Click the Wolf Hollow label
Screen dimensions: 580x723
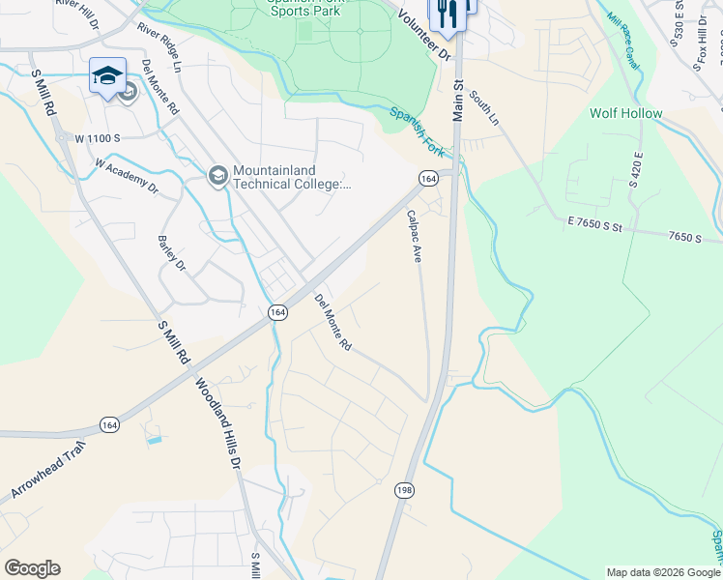[x=626, y=114]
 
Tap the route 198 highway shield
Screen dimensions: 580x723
[x=404, y=491]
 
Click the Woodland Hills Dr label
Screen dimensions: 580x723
[x=219, y=423]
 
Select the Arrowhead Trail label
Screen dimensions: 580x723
[x=48, y=469]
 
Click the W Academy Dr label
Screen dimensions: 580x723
[x=126, y=173]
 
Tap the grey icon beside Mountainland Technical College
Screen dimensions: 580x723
[x=217, y=174]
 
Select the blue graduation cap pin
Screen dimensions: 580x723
[x=107, y=75]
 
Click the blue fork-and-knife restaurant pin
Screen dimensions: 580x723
[x=446, y=14]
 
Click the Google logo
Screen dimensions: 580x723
[x=32, y=568]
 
